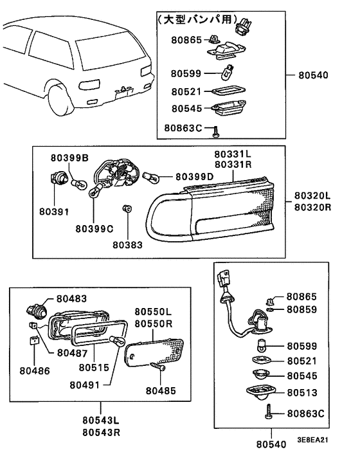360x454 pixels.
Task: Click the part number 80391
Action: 54,212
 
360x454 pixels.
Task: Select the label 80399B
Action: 69,158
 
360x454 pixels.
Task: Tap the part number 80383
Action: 128,245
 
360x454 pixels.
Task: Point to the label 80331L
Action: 233,154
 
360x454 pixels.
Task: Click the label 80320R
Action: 313,207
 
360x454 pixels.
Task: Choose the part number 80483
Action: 71,298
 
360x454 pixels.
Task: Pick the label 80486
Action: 35,370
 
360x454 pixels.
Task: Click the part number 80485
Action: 161,390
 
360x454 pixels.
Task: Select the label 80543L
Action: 101,420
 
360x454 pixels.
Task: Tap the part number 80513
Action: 302,393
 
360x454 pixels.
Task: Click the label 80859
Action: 302,309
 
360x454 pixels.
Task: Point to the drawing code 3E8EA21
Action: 313,439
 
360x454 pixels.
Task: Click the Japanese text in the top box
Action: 197,19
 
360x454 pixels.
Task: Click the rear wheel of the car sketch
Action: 61,99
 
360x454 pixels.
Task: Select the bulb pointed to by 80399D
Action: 151,177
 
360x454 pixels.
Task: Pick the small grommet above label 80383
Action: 127,208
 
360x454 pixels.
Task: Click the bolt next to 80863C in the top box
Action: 215,132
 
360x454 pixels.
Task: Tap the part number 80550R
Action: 154,323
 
